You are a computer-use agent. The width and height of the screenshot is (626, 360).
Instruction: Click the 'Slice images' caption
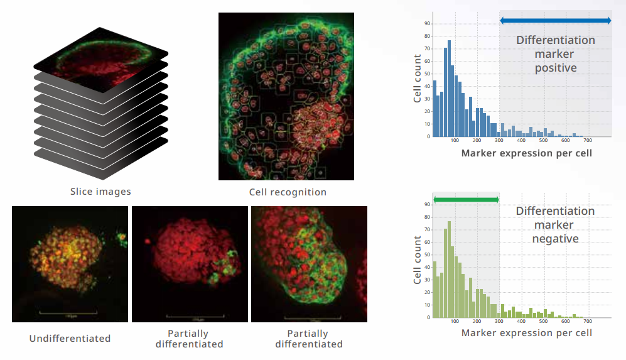pyautogui.click(x=100, y=191)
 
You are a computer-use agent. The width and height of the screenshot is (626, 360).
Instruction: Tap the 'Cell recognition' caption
pyautogui.click(x=288, y=192)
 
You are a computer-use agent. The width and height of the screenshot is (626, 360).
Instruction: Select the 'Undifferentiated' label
pyautogui.click(x=70, y=339)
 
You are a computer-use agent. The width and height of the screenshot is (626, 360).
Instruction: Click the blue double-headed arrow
pyautogui.click(x=555, y=21)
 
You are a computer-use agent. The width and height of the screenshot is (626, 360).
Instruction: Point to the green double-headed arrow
pyautogui.click(x=466, y=200)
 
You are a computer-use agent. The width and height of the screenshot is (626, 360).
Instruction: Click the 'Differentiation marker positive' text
pyautogui.click(x=555, y=54)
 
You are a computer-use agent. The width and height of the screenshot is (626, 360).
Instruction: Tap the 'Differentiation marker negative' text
pyautogui.click(x=555, y=225)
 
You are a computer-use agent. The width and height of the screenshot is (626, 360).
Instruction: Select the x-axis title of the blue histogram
pyautogui.click(x=527, y=153)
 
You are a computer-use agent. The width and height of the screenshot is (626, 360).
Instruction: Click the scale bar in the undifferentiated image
pyautogui.click(x=68, y=310)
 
